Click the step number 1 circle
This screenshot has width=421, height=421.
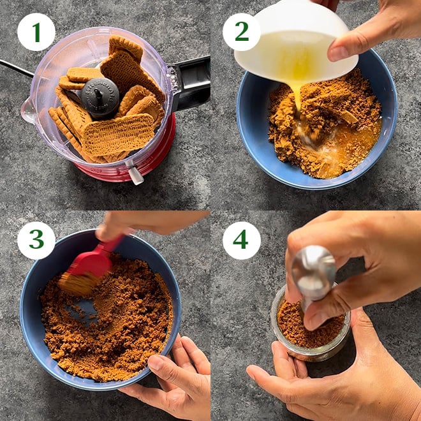pos(36,33)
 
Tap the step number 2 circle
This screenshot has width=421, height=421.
pos(242,33)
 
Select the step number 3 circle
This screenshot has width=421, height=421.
pos(36,240)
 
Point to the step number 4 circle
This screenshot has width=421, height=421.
pos(242,240)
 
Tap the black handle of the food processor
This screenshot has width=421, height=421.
pos(189,83)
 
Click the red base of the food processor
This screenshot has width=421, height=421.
pos(126,164)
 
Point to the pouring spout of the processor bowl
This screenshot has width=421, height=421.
pos(28,110)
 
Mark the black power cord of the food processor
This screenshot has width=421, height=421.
pos(17,68)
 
